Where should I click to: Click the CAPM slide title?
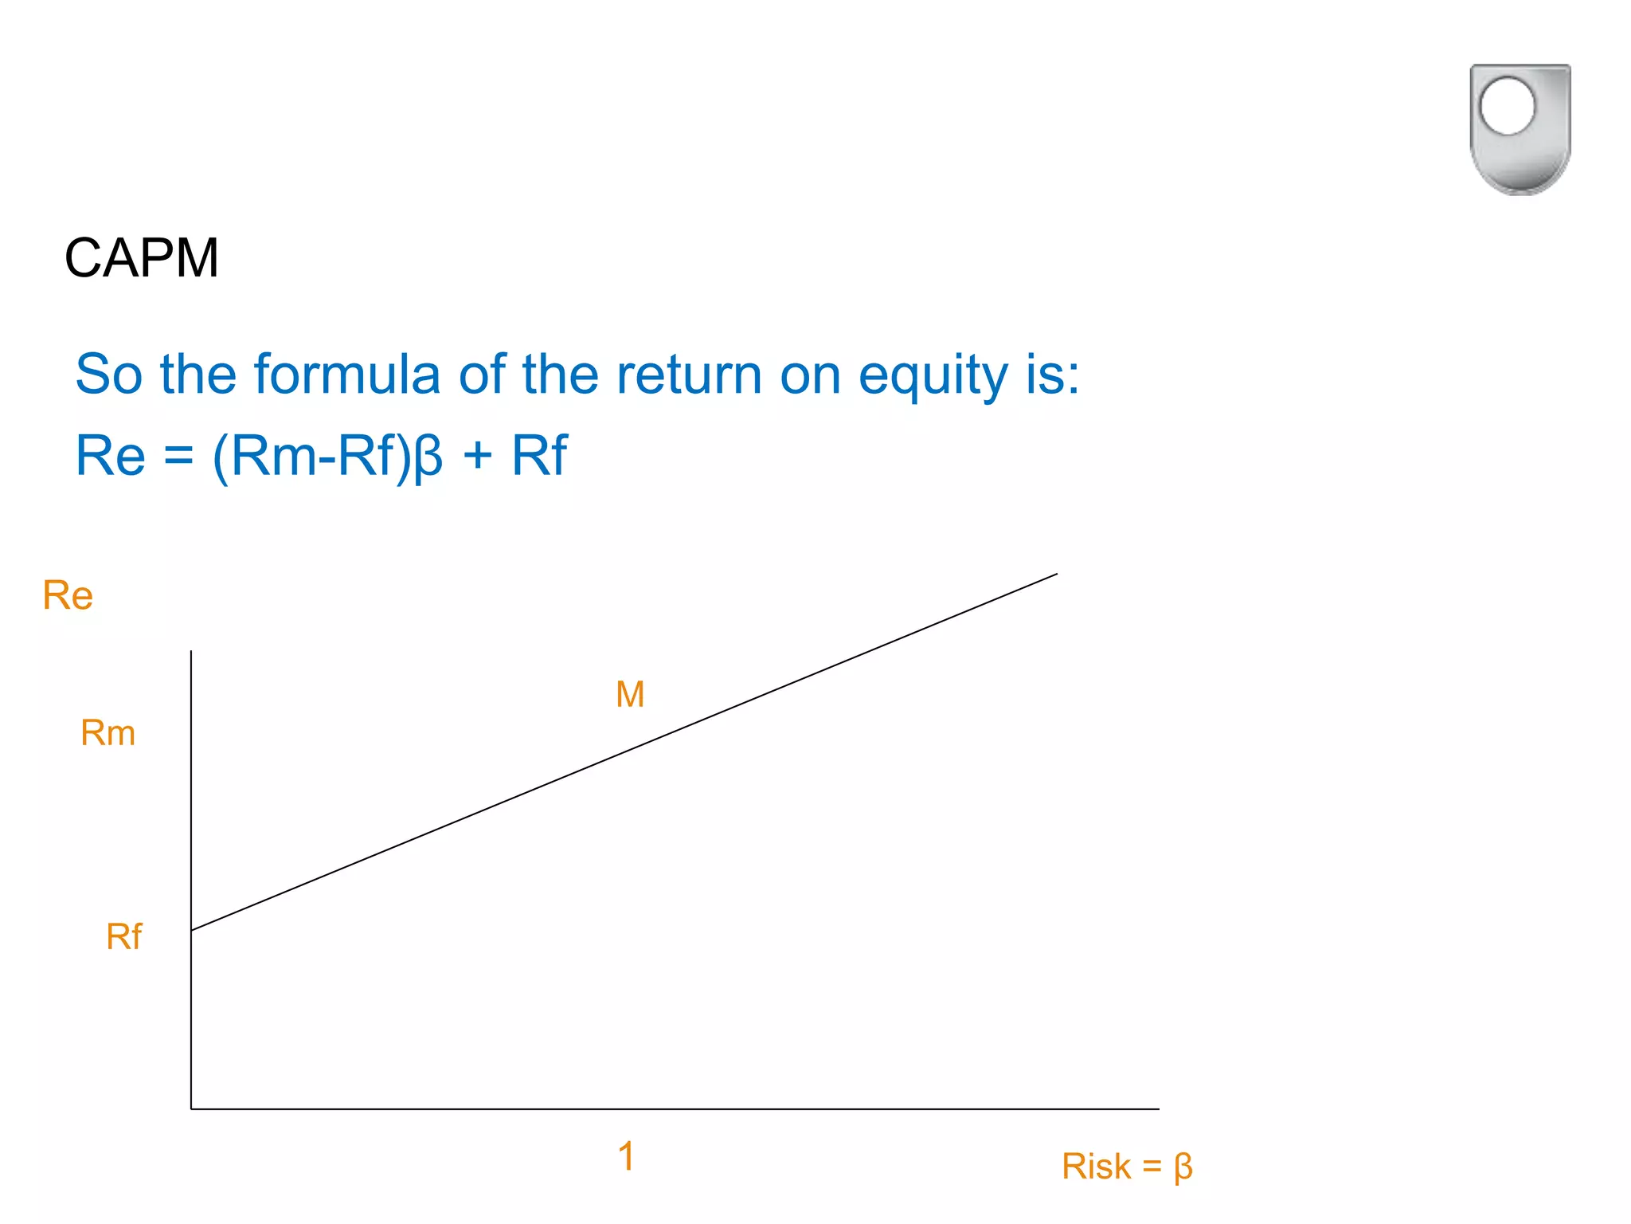[x=142, y=258]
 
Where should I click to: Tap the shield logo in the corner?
[x=1520, y=129]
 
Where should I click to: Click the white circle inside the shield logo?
[x=1507, y=106]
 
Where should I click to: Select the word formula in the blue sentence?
[x=346, y=374]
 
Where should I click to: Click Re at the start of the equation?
[x=110, y=456]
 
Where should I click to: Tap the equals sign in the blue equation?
[x=178, y=457]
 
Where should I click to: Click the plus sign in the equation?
[x=477, y=457]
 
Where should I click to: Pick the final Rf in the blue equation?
[x=539, y=456]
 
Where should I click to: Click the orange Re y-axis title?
[x=68, y=595]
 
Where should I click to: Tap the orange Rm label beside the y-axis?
[x=108, y=732]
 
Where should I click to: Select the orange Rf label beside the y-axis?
[x=123, y=936]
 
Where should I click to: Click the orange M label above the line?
[x=630, y=694]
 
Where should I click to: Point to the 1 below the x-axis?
[x=626, y=1156]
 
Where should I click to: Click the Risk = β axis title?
[x=1126, y=1167]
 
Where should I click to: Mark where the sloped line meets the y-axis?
[x=192, y=930]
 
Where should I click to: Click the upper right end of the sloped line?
[x=1056, y=574]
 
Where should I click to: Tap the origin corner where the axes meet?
[x=192, y=1108]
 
